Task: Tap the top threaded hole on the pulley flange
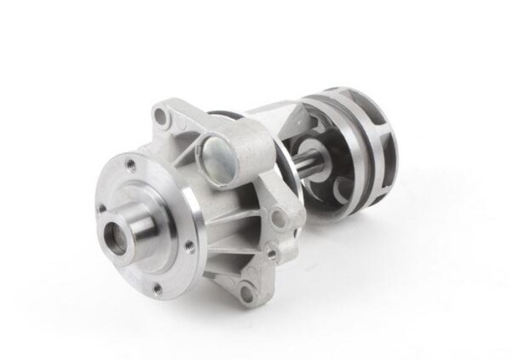(131, 164)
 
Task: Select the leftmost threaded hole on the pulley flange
(101, 209)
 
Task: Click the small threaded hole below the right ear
(272, 254)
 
